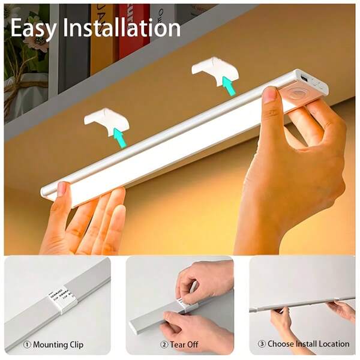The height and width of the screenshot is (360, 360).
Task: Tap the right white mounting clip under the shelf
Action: [x=211, y=67]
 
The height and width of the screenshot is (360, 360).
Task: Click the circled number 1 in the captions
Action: [x=26, y=345]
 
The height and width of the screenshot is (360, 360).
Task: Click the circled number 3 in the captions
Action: [x=262, y=344]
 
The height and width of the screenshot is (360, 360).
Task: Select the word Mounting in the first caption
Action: [x=51, y=345]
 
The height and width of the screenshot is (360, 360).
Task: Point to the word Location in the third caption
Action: [x=332, y=344]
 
